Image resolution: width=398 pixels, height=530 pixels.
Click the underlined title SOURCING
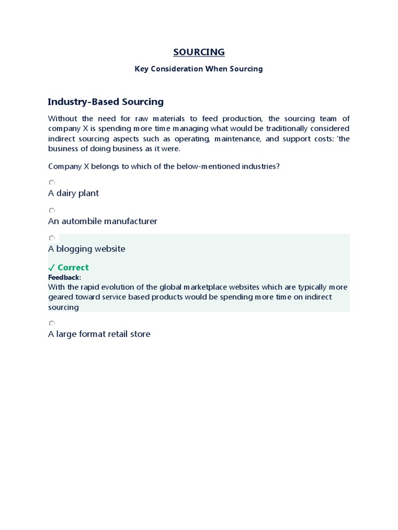199,52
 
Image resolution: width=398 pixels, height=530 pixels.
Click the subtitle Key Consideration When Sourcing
199,69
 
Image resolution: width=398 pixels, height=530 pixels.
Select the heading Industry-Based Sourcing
106,102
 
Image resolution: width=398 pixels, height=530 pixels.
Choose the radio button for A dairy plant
51,182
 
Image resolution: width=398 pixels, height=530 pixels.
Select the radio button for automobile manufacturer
51,210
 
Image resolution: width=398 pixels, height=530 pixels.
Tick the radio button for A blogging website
51,238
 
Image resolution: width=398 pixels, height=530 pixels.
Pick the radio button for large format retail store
51,323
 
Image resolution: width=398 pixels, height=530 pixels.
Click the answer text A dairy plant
74,193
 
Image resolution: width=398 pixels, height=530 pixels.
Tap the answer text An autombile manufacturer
103,221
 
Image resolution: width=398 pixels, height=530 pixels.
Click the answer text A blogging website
87,249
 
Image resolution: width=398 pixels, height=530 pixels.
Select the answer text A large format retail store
99,334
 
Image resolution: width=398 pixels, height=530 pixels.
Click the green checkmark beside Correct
51,268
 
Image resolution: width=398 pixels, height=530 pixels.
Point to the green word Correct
73,268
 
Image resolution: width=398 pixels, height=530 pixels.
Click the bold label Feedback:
65,277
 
